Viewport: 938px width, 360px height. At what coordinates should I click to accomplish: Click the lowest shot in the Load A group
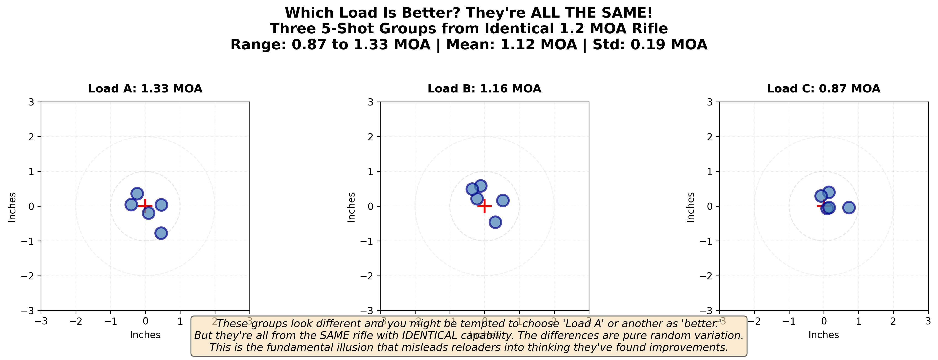[x=161, y=233]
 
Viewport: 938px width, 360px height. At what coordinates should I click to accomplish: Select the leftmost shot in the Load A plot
[x=131, y=205]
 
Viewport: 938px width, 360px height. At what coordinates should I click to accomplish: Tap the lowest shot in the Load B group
[x=495, y=222]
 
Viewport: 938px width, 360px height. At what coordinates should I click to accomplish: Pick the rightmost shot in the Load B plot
[x=503, y=200]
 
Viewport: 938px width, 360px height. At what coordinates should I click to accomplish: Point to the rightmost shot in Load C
[x=849, y=208]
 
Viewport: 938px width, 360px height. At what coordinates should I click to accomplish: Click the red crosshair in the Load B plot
[x=484, y=206]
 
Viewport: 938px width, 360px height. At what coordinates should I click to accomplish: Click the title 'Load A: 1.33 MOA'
[x=145, y=89]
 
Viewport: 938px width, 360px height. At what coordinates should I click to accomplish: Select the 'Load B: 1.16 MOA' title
[x=484, y=89]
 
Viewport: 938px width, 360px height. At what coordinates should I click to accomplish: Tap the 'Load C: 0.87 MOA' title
[x=824, y=89]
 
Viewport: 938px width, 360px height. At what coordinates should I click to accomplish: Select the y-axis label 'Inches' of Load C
[x=690, y=207]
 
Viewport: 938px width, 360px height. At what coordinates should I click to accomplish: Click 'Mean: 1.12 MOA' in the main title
[x=511, y=45]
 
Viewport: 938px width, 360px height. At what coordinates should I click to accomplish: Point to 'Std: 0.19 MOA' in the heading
[x=650, y=45]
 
